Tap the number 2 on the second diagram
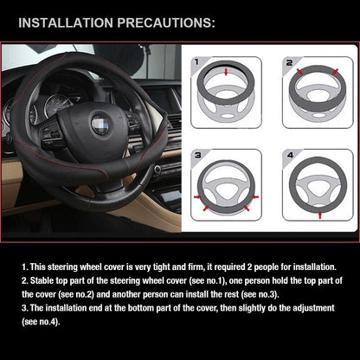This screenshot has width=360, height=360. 289,63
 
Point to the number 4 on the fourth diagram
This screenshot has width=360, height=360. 289,156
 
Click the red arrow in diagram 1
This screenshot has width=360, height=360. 228,74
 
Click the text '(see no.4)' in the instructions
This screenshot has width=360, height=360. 40,322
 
